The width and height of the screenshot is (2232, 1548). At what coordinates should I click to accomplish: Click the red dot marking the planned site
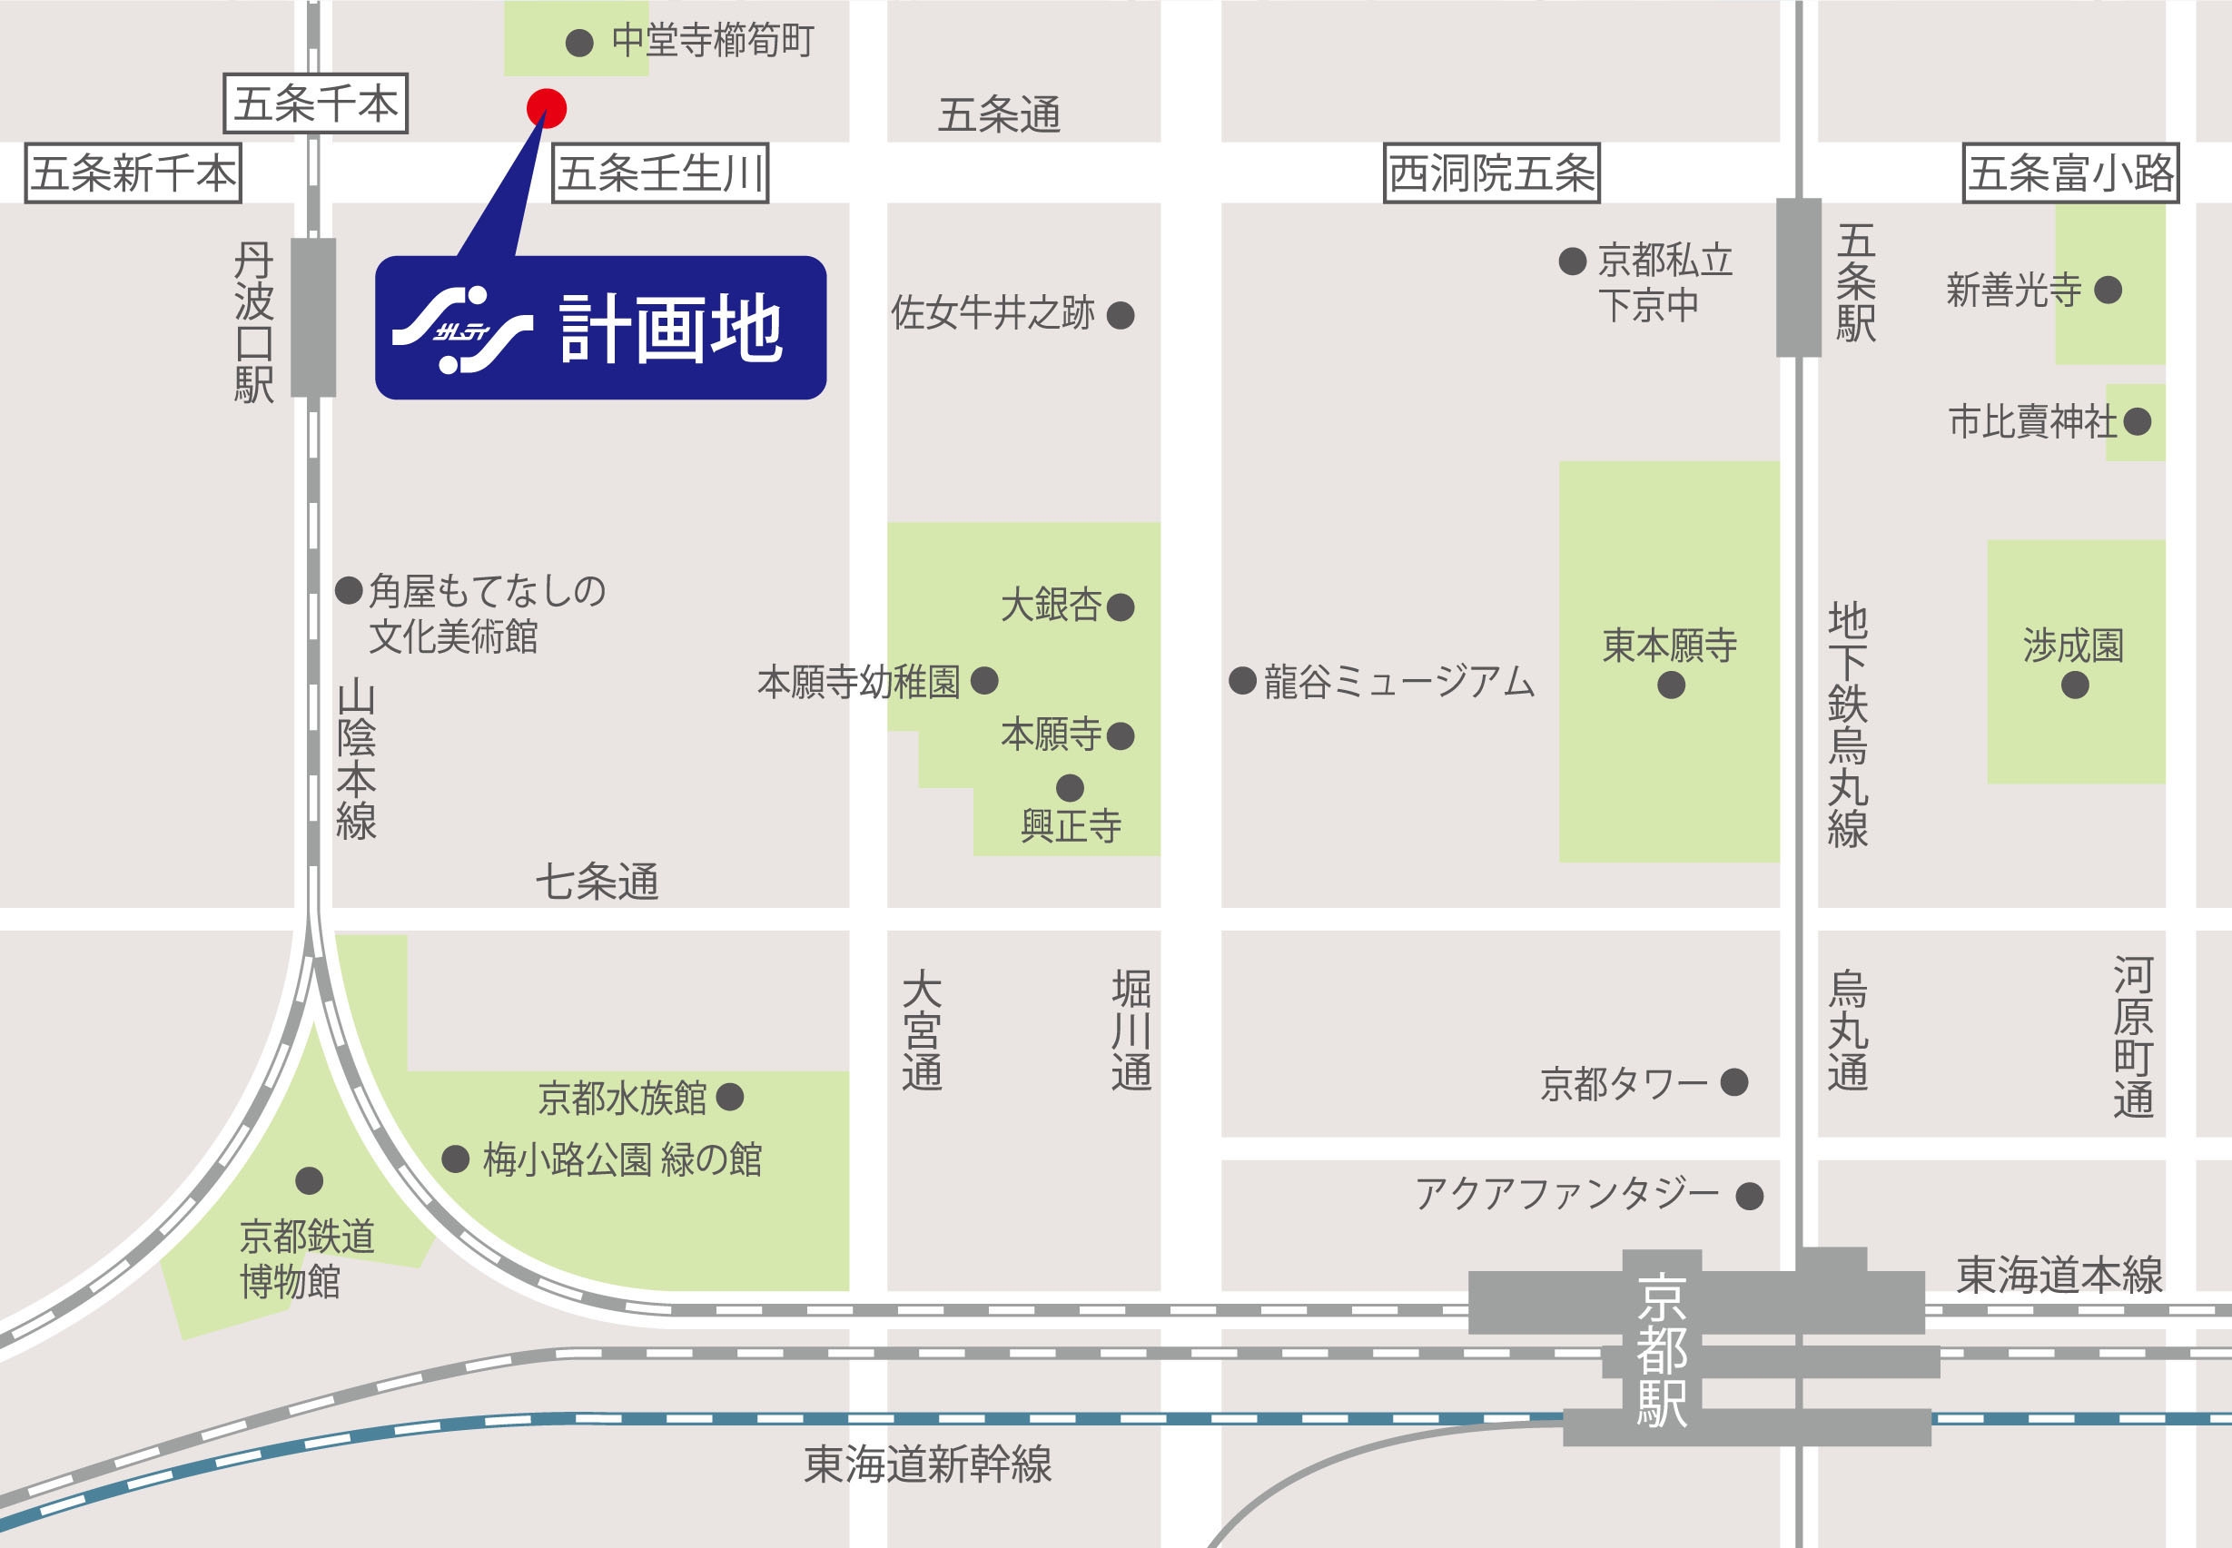coord(546,108)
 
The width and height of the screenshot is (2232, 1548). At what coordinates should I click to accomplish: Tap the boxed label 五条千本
coord(315,103)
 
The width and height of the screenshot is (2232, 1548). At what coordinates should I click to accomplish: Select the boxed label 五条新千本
coord(133,173)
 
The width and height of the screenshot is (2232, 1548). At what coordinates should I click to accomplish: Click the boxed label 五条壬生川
coord(659,173)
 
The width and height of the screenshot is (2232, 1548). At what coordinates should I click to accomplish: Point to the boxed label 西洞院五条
coord(1491,173)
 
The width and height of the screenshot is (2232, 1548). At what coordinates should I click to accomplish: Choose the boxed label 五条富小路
coord(2070,173)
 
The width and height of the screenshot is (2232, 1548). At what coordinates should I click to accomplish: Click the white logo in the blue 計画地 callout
coord(461,330)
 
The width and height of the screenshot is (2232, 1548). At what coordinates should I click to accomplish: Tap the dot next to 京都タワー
coord(1733,1081)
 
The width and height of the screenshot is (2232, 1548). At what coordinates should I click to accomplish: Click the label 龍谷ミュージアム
coord(1398,682)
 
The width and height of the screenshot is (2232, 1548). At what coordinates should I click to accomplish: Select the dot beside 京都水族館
coord(729,1097)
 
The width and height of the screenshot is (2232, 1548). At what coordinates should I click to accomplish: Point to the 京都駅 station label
coord(1662,1350)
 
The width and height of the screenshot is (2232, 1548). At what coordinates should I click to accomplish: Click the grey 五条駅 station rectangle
coord(1799,278)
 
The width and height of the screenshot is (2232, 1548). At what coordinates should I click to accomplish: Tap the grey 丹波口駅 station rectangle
coord(313,317)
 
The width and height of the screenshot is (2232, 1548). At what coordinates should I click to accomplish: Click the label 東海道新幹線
coord(927,1464)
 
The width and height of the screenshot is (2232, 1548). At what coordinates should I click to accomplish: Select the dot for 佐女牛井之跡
coord(1121,315)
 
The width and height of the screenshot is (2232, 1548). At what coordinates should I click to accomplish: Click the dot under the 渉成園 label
coord(2075,685)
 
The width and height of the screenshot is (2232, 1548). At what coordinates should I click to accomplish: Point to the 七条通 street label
coord(598,882)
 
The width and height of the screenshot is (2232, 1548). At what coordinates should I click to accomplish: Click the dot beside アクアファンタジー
coord(1749,1196)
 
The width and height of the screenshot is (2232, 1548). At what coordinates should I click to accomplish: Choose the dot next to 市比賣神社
coord(2137,422)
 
